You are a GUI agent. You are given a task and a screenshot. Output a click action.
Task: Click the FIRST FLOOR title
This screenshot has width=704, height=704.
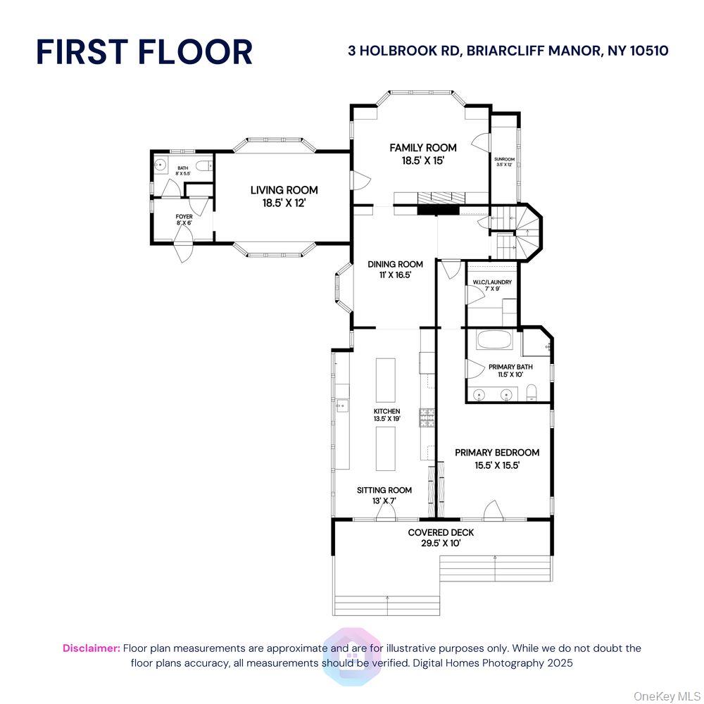click(x=144, y=53)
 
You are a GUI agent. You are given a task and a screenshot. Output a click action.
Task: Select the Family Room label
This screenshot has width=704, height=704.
click(x=423, y=148)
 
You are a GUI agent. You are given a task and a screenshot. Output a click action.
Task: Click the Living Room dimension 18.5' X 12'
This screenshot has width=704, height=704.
click(x=284, y=203)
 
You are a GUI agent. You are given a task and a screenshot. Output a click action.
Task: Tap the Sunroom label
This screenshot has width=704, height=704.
click(x=504, y=160)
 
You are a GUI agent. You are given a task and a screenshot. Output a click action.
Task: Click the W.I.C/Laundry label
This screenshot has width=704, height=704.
click(x=492, y=282)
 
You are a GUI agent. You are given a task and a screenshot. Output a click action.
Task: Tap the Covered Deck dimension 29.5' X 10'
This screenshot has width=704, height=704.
click(x=441, y=543)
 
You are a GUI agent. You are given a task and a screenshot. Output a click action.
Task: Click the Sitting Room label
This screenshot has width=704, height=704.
click(x=384, y=490)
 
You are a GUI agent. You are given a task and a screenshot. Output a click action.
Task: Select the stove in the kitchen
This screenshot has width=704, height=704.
click(x=427, y=419)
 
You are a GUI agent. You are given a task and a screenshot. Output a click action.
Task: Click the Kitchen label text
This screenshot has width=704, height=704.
click(x=386, y=411)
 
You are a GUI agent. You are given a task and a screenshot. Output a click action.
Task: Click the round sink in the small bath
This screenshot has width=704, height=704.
click(x=160, y=168)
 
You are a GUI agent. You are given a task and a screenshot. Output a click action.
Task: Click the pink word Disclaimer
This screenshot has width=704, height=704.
click(x=92, y=648)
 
